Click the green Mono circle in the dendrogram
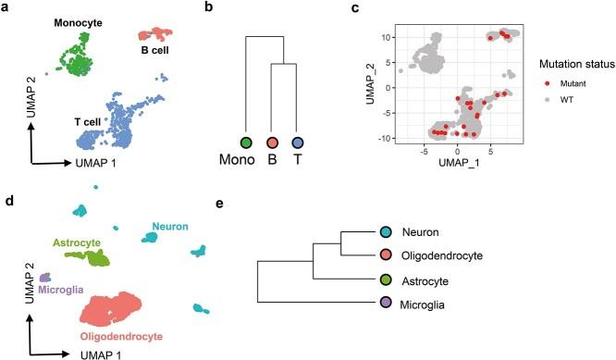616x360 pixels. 246,143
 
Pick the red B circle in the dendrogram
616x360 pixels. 272,143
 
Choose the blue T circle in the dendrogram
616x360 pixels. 297,143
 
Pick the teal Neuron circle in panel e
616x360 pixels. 387,233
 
